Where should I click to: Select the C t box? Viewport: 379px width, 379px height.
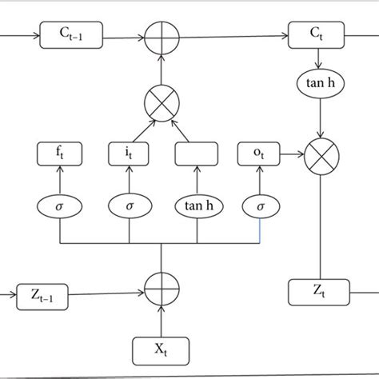(x=314, y=36)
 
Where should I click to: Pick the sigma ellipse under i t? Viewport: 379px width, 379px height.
(x=129, y=205)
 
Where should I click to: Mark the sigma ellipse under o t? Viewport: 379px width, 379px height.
(x=261, y=205)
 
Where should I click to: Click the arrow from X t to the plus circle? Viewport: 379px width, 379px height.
(x=162, y=320)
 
